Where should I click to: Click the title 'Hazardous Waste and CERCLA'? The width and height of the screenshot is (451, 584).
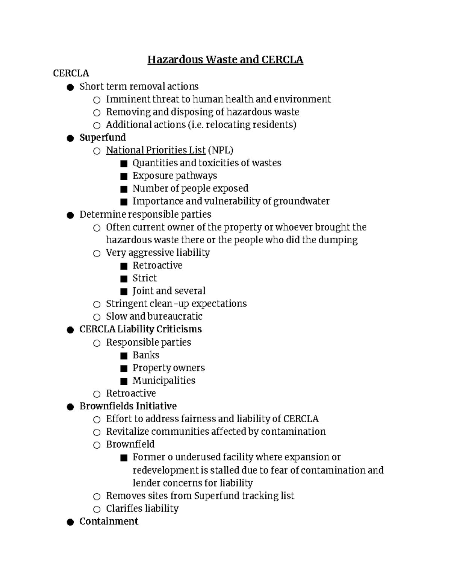[x=225, y=60]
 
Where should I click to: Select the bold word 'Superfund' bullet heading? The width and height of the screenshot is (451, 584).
[x=103, y=138]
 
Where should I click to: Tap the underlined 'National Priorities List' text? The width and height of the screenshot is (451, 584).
[x=156, y=150]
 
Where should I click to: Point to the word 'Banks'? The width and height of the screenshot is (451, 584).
[x=146, y=355]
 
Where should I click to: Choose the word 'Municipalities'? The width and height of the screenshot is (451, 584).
[x=164, y=381]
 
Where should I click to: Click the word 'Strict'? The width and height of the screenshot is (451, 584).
[x=145, y=278]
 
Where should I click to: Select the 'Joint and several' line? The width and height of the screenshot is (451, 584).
[x=169, y=291]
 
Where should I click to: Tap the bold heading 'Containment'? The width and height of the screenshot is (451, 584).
[x=109, y=521]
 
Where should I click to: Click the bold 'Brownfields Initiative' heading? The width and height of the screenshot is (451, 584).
[x=128, y=406]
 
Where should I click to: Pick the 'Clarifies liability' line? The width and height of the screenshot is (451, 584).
[x=142, y=508]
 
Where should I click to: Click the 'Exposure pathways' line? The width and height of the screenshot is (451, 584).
[x=175, y=176]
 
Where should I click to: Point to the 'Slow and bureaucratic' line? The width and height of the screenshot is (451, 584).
[x=154, y=317]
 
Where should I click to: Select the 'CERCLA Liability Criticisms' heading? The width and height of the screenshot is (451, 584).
[x=141, y=329]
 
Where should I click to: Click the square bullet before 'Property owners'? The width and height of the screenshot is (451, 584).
[x=124, y=368]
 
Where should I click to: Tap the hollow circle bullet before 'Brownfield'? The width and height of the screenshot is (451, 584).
[x=97, y=445]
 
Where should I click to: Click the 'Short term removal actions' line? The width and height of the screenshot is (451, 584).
[x=139, y=86]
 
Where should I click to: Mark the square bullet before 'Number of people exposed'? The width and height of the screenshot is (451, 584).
[x=124, y=189]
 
